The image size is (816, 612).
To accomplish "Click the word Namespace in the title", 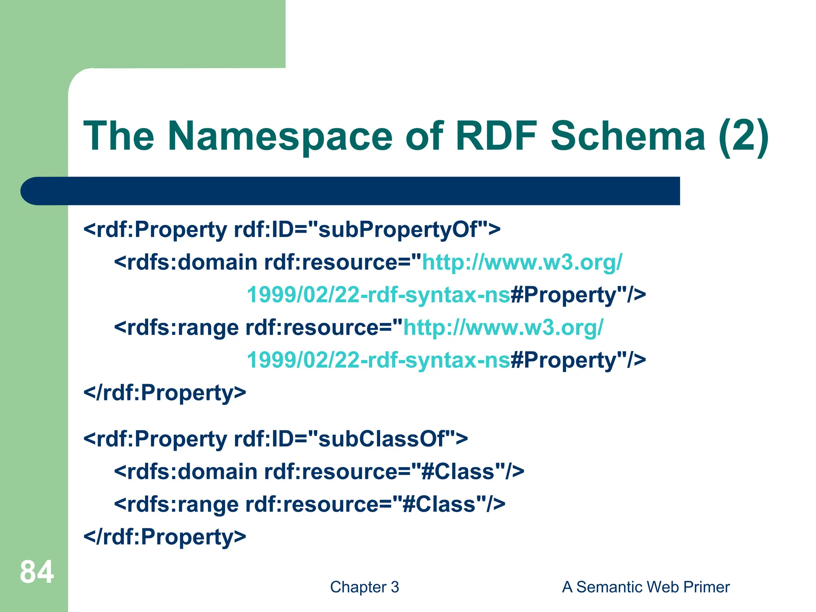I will click(x=280, y=136).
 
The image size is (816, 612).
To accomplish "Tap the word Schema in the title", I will click(x=628, y=136).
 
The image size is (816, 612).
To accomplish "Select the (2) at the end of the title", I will click(x=743, y=136).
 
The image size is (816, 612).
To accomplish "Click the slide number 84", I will click(x=37, y=572).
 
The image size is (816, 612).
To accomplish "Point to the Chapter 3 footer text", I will click(x=364, y=587).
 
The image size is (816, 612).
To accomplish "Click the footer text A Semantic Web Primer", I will click(x=645, y=587).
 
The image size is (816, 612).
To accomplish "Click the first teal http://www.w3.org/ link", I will click(x=522, y=263).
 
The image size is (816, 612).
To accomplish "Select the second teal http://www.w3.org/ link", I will click(x=503, y=328).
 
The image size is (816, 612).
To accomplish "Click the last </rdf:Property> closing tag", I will click(x=165, y=537).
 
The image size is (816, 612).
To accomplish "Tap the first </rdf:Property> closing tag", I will click(x=165, y=393).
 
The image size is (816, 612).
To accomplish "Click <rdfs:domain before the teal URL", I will click(x=186, y=263).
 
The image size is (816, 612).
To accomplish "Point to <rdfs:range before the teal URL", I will click(x=176, y=328).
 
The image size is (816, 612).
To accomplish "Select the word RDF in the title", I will click(x=496, y=136).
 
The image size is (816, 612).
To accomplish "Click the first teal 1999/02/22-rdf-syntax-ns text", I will click(x=379, y=295).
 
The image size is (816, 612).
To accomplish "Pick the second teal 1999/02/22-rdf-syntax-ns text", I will click(x=379, y=361).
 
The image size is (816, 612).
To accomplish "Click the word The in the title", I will click(x=118, y=136).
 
